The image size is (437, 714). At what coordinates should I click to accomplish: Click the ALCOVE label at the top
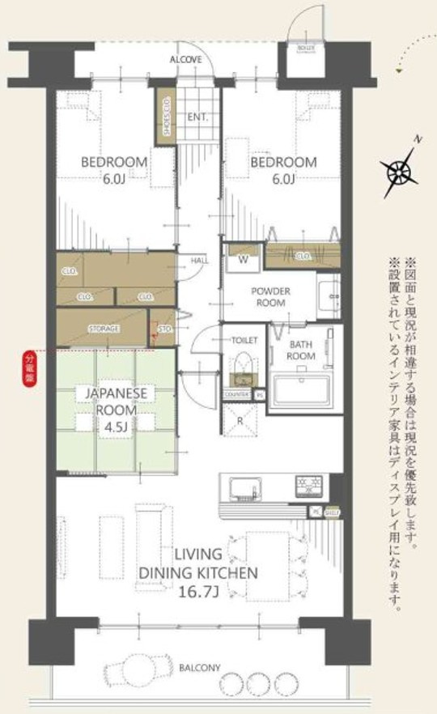(x=185, y=61)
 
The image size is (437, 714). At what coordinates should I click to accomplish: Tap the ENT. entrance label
(x=197, y=117)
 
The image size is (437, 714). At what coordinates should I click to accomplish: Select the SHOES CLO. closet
(x=166, y=116)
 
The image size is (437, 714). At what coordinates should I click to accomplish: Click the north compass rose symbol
(x=398, y=172)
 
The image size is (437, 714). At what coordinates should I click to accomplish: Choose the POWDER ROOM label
(x=269, y=296)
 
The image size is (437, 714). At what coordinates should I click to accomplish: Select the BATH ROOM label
(x=302, y=351)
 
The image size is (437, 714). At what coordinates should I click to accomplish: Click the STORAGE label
(x=104, y=329)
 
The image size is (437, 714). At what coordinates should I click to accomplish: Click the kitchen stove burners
(x=309, y=486)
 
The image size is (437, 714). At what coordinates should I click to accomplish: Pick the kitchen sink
(x=243, y=487)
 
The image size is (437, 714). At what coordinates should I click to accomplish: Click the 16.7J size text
(x=200, y=592)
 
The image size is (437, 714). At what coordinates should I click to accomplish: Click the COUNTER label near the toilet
(x=237, y=393)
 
